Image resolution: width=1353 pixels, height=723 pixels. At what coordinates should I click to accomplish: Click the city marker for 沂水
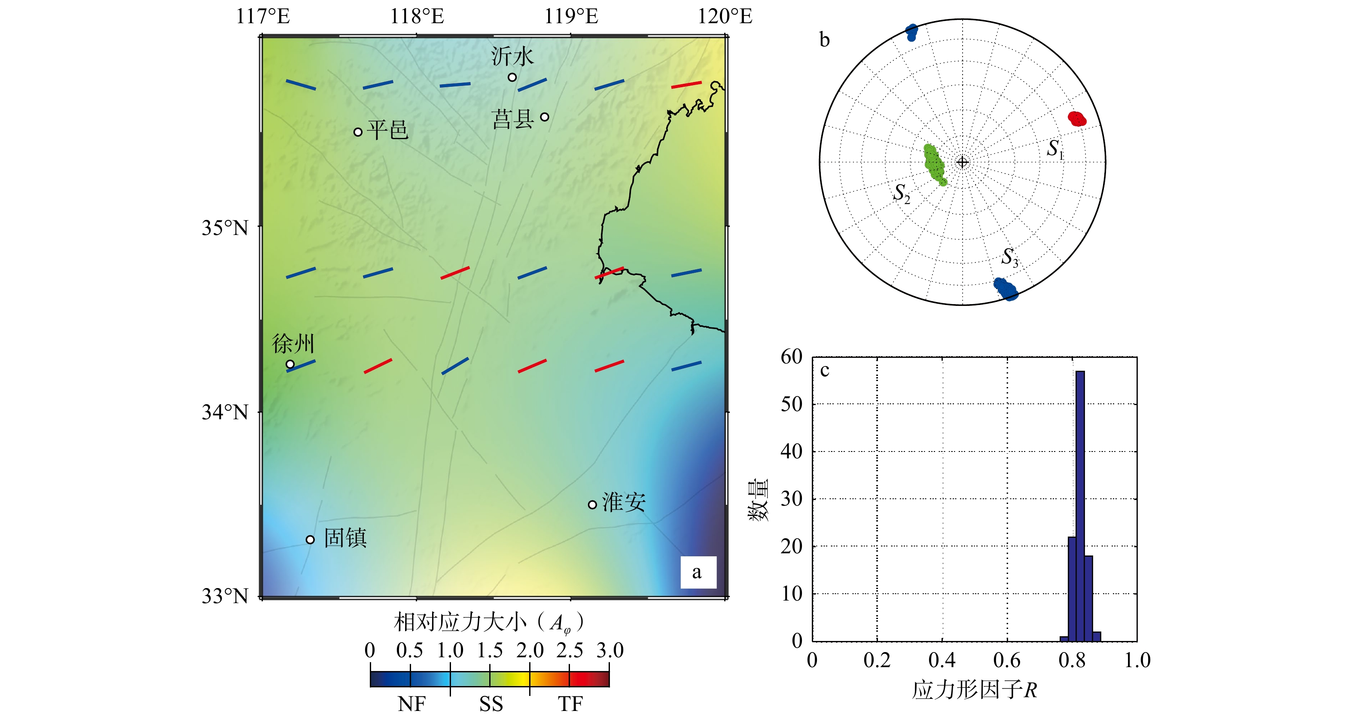tap(512, 77)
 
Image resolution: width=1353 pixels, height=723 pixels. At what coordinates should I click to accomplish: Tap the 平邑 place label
tap(387, 129)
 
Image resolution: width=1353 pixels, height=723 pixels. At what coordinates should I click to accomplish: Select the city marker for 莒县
tap(545, 117)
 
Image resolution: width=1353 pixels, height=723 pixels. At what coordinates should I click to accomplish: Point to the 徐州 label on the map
tap(293, 344)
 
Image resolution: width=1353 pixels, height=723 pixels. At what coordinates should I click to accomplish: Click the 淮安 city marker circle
tap(592, 504)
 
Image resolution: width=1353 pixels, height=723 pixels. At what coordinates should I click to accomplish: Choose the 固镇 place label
tap(345, 538)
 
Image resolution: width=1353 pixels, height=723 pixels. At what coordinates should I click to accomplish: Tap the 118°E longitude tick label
tap(417, 16)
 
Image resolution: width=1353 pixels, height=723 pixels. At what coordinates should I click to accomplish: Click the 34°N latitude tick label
tap(225, 412)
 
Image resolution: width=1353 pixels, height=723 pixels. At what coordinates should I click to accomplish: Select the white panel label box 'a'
tap(698, 572)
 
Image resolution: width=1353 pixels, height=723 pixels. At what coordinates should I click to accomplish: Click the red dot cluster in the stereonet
tap(1077, 119)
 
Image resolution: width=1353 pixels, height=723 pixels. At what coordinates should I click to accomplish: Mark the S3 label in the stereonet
tap(1009, 257)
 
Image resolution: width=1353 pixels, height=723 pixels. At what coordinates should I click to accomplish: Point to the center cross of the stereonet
tap(962, 162)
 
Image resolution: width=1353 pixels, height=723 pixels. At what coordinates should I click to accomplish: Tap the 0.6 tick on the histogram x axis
tap(1007, 660)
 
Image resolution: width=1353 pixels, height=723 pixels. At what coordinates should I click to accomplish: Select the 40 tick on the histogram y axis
tap(792, 451)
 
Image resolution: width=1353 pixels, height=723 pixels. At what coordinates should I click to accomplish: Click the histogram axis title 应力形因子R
tap(974, 690)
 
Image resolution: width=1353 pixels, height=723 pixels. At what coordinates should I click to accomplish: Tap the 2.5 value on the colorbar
tap(570, 650)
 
